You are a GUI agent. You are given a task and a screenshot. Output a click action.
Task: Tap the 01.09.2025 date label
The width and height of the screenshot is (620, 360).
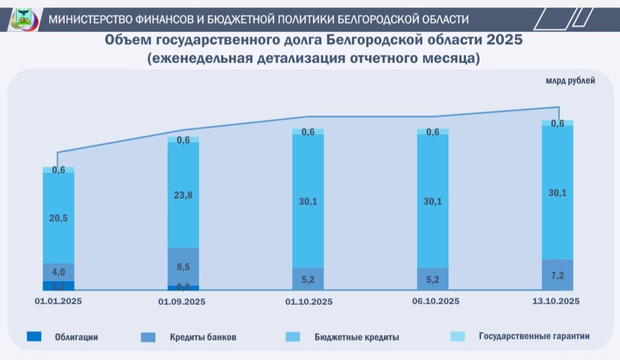(x=183, y=301)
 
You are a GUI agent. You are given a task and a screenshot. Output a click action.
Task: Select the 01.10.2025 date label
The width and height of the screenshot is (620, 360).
(x=308, y=301)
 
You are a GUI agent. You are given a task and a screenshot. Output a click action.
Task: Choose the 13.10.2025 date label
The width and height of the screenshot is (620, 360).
(x=556, y=301)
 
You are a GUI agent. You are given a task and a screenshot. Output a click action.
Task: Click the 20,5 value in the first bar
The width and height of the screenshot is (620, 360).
(x=58, y=219)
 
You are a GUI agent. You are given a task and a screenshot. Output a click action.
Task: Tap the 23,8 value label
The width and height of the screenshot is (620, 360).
(x=183, y=195)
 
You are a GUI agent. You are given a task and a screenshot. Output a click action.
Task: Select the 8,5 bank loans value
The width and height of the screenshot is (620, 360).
(x=183, y=266)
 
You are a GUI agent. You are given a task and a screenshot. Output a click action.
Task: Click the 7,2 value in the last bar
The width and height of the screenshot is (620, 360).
(x=557, y=276)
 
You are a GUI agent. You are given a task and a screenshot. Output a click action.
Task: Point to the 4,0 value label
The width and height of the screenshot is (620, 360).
(x=58, y=272)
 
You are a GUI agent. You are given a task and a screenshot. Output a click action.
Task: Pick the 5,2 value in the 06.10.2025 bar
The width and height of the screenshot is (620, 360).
(x=433, y=280)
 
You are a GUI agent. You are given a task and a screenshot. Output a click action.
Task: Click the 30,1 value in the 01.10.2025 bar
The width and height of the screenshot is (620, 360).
(x=308, y=201)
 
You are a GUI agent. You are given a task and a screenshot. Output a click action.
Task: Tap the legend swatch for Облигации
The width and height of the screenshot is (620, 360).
(x=34, y=337)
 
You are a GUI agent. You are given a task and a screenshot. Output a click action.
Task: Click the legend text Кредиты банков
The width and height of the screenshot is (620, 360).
(x=203, y=337)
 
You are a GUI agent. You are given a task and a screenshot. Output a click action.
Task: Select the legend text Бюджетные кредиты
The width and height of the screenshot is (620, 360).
(x=356, y=337)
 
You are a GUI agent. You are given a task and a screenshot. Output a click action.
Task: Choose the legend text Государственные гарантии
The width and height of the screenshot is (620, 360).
(x=534, y=336)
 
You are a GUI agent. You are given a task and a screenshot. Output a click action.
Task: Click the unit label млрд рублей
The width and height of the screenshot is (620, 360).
(x=570, y=80)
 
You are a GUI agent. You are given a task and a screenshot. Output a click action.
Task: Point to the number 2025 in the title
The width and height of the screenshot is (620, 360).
(x=503, y=40)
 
